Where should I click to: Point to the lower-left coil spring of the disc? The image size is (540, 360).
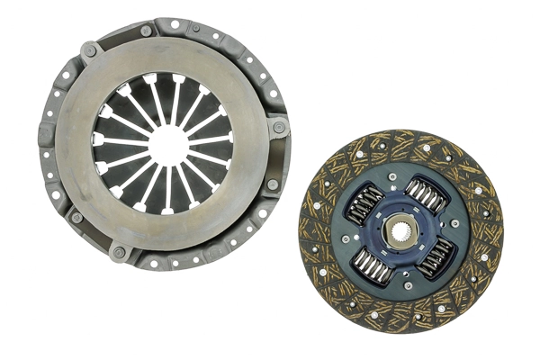coord(372,265)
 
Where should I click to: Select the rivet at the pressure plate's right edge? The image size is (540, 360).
coord(279,127)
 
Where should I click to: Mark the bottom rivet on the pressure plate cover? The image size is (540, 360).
coord(118,253)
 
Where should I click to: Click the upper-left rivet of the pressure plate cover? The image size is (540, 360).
coord(88,51)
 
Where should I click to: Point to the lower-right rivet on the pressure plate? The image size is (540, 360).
coord(272,184)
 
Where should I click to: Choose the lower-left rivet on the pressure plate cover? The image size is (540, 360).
coord(76,217)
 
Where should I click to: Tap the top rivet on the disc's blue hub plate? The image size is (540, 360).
coord(392,177)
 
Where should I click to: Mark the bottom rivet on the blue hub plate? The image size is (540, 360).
coord(408,286)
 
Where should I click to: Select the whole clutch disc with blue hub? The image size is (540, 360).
coord(400,231)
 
